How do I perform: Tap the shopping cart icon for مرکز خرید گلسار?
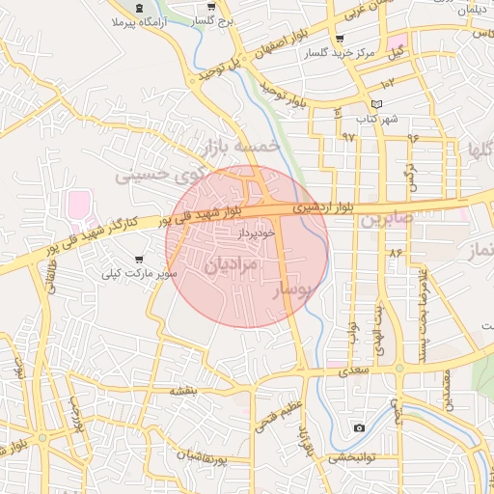(339, 39)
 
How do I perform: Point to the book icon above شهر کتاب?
(376, 104)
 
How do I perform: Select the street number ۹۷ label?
(348, 136)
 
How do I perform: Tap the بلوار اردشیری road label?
(332, 206)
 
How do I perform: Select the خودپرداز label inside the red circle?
(258, 233)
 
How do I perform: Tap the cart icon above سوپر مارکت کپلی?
(141, 260)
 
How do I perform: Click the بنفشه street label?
(183, 390)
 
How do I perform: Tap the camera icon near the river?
(359, 427)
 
